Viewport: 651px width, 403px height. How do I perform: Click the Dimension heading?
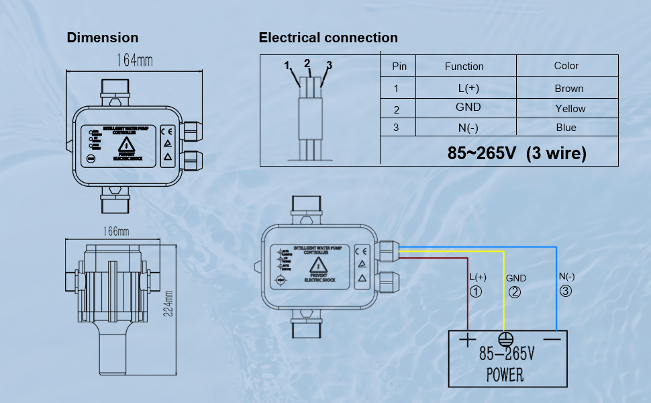[103, 38]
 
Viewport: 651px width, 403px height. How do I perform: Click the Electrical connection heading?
[328, 38]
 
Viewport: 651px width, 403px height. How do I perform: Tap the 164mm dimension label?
[135, 60]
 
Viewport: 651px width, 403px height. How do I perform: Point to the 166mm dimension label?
[115, 232]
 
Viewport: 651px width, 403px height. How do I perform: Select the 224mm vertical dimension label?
[168, 303]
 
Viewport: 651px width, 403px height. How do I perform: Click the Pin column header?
[399, 66]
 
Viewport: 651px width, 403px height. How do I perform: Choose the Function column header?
[464, 66]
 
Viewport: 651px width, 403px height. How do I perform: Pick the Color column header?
[566, 66]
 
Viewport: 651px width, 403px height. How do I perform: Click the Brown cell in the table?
[569, 88]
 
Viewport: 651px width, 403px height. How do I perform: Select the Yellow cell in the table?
[570, 108]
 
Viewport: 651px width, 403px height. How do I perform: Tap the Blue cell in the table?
[566, 128]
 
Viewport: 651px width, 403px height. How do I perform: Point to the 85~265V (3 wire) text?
[517, 154]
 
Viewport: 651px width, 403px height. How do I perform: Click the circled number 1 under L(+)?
[477, 292]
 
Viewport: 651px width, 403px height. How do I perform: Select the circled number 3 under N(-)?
[566, 292]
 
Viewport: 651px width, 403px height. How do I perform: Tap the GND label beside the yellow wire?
[516, 278]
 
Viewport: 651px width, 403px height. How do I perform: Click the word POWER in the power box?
[505, 374]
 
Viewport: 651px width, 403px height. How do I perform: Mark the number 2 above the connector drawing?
[307, 64]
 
